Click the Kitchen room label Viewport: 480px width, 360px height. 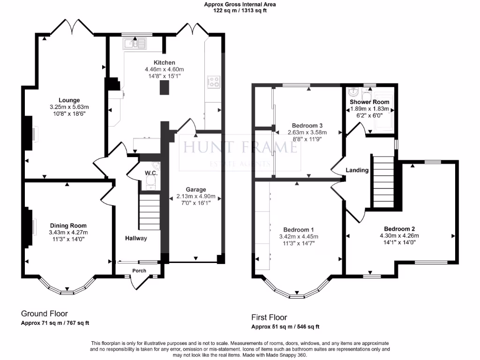point(165,62)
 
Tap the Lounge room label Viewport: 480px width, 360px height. point(69,100)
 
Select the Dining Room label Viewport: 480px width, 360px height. point(68,225)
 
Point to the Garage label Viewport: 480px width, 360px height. point(196,189)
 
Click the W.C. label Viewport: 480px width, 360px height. point(151,173)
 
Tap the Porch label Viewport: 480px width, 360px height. point(139,270)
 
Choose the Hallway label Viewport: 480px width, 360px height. point(136,238)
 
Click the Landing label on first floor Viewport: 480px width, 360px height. point(357,170)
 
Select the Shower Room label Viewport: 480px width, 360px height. point(369,102)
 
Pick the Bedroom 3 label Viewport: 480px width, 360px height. point(307,126)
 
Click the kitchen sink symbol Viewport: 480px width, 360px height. point(135,44)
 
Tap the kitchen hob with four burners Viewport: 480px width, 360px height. point(214,82)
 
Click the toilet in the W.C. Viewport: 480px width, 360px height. point(151,183)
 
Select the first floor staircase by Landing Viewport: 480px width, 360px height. point(382,182)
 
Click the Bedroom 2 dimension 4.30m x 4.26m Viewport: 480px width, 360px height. point(399,236)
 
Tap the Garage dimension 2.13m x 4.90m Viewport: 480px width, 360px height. point(196,196)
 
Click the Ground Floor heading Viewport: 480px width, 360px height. point(45,314)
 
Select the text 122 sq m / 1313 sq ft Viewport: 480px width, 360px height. point(240,10)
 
